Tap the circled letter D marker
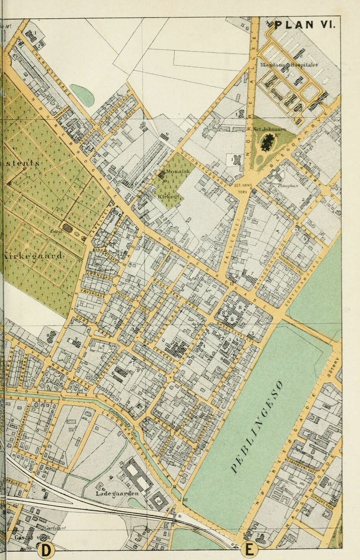coord(46,550)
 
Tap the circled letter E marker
coord(249,550)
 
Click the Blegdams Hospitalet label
coord(289,65)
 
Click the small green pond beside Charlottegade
coord(82,95)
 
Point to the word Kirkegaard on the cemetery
coord(34,255)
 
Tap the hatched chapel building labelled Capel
coord(68,228)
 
